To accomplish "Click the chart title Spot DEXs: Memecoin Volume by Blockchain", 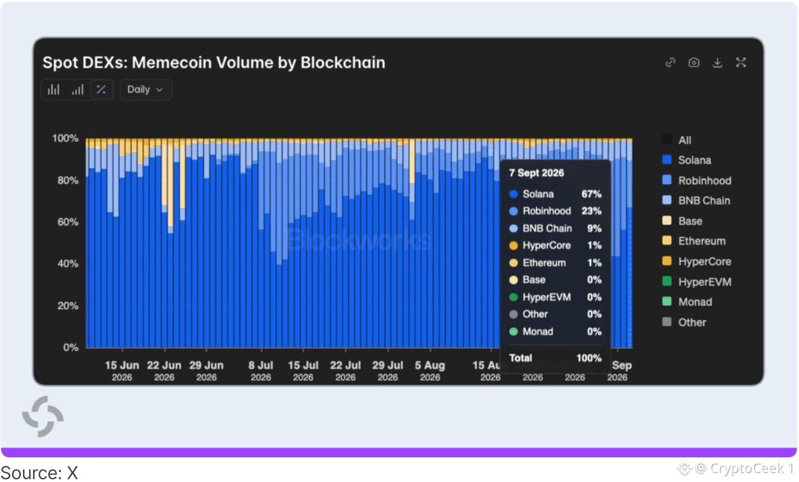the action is tap(213, 62).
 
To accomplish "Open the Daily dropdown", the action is tap(146, 90).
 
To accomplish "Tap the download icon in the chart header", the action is tap(717, 63).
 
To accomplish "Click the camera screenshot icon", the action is tap(694, 63).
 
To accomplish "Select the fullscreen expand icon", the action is tap(741, 63).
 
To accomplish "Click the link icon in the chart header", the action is tap(670, 63).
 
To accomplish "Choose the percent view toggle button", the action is tap(101, 90).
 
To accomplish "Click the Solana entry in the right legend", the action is tap(687, 160).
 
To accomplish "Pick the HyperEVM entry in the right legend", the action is tap(696, 282).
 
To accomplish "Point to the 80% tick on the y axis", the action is tap(68, 180).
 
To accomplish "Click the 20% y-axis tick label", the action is tap(68, 306).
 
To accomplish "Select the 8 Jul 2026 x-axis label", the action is tap(261, 370).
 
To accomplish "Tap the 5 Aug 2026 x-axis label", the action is tap(430, 370).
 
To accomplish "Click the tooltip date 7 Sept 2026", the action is tap(536, 173).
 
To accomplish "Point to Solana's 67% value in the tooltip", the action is tap(591, 194).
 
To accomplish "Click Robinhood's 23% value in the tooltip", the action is tap(591, 211).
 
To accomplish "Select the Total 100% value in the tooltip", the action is tap(589, 358).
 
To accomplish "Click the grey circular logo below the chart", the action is tap(43, 416).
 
